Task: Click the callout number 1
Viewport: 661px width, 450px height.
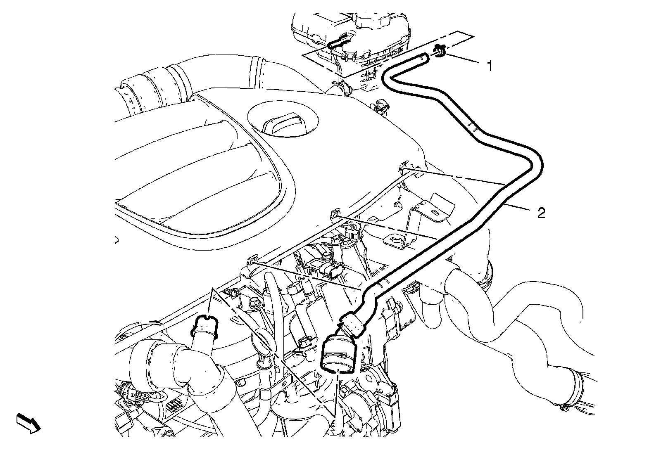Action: pyautogui.click(x=490, y=66)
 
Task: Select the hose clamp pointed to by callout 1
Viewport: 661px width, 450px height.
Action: pyautogui.click(x=438, y=52)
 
